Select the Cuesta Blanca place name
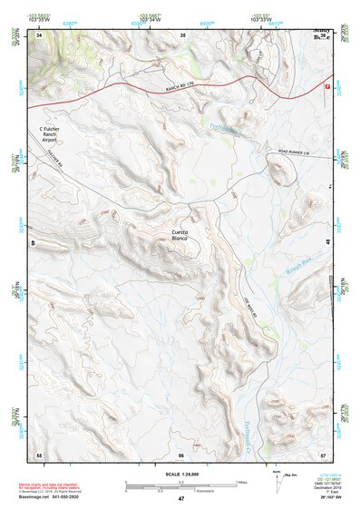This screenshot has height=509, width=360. pyautogui.click(x=181, y=237)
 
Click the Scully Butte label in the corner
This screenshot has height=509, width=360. pyautogui.click(x=320, y=34)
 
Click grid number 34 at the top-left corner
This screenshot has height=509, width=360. pyautogui.click(x=39, y=34)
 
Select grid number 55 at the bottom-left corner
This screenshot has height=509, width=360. pyautogui.click(x=39, y=454)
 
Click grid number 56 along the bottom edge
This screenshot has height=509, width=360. pyautogui.click(x=181, y=454)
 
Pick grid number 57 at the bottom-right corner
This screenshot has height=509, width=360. pyautogui.click(x=323, y=454)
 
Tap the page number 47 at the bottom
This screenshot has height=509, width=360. pyautogui.click(x=180, y=500)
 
